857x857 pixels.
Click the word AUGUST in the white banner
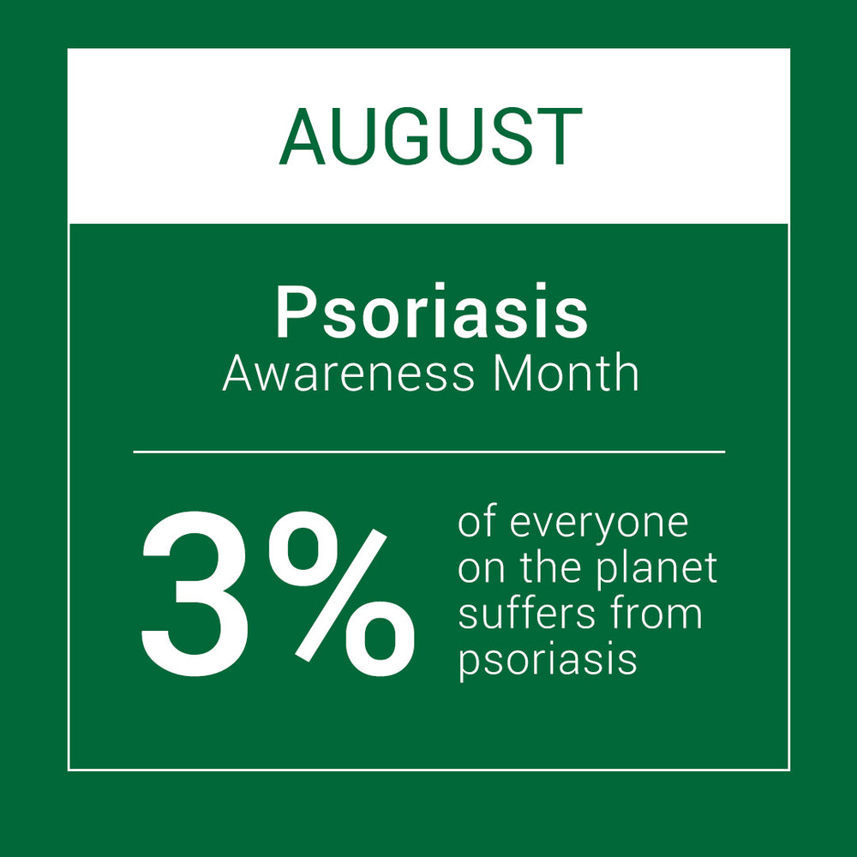(431, 136)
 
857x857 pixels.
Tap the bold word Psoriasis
(432, 312)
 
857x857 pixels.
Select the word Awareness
(348, 374)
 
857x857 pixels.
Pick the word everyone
(599, 527)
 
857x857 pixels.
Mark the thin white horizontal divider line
(429, 452)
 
